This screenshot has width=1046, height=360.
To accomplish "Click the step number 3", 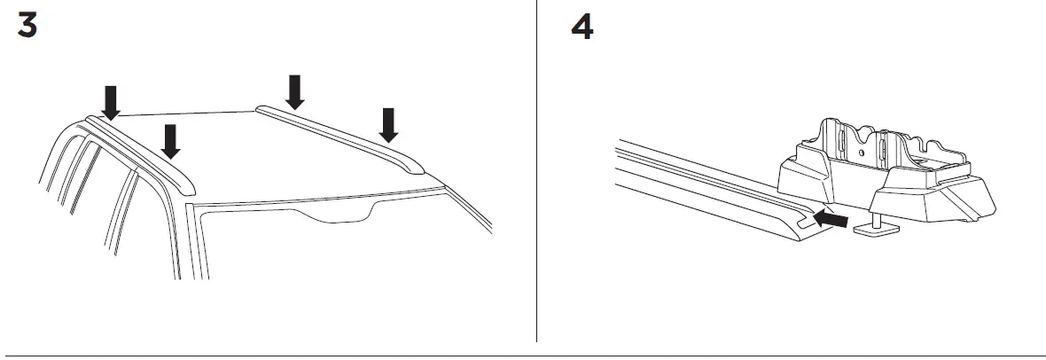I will tap(28, 27).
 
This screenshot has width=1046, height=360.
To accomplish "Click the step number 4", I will tap(582, 27).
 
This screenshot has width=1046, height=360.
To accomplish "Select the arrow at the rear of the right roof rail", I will tap(294, 91).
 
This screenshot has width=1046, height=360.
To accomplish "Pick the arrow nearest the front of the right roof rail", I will tap(387, 125).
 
